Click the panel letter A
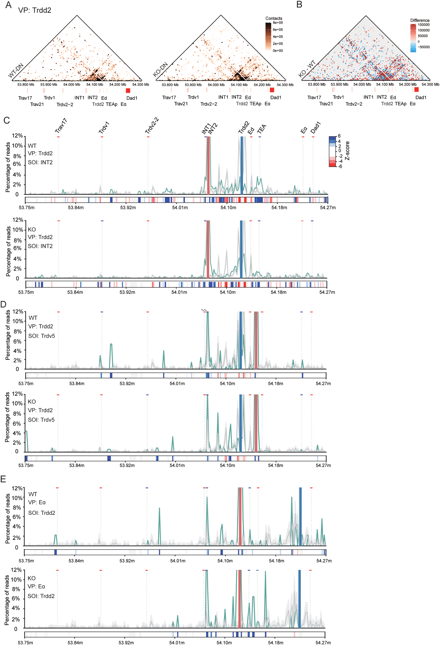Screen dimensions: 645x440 (x=8, y=5)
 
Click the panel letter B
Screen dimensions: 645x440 (x=299, y=4)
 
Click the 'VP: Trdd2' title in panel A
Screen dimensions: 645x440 (x=35, y=11)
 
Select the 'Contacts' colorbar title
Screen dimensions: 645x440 (x=274, y=18)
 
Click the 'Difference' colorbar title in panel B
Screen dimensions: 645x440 (x=419, y=20)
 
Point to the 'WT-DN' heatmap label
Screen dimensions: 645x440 (x=16, y=71)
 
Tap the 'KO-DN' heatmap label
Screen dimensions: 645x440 (x=160, y=70)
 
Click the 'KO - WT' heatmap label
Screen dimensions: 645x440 (x=307, y=69)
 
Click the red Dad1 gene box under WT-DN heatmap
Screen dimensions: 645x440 (x=128, y=91)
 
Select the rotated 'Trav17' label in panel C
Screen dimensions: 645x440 (x=61, y=126)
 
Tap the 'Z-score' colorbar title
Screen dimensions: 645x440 (x=347, y=151)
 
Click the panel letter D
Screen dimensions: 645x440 (x=3, y=304)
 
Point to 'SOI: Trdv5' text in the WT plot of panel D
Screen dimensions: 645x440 (x=42, y=336)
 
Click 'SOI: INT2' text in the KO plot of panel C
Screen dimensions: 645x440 (x=40, y=246)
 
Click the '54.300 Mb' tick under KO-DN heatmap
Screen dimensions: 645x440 (x=285, y=85)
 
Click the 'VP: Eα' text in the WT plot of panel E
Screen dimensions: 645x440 (x=37, y=502)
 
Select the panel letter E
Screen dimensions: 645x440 (x=3, y=479)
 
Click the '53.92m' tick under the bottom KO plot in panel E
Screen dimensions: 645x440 (x=126, y=642)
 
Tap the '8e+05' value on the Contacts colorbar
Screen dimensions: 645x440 (x=278, y=23)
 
